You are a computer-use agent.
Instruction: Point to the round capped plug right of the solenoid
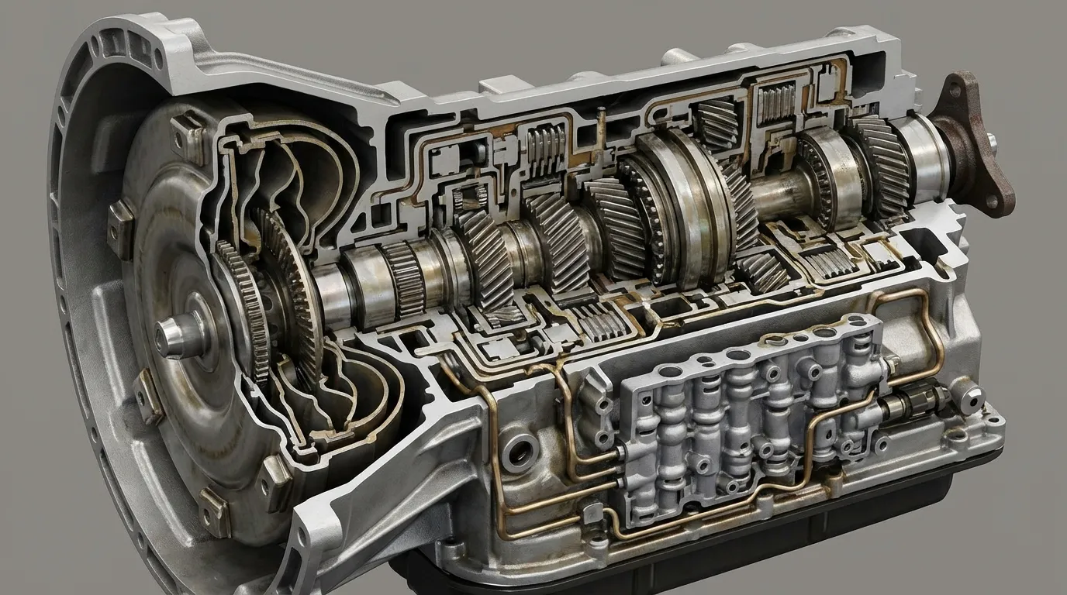tap(969, 396)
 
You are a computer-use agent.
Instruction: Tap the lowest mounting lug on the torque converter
tap(212, 511)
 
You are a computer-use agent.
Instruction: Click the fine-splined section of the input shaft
tap(403, 279)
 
